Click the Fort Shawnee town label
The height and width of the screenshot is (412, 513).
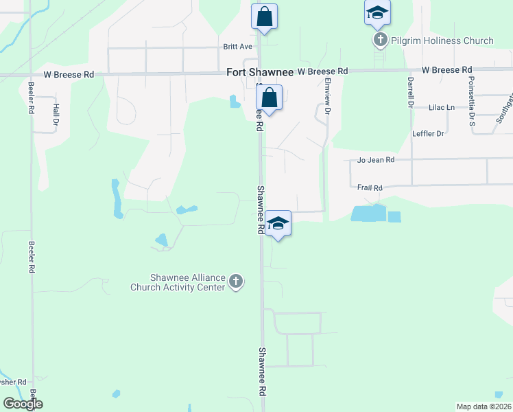(x=260, y=71)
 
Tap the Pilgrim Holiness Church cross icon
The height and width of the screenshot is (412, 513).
(x=381, y=41)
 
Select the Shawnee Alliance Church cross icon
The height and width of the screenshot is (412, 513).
(x=236, y=282)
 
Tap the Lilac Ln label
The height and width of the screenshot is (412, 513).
(x=441, y=108)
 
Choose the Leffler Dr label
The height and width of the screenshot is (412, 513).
(x=429, y=133)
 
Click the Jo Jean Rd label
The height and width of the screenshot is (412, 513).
(x=376, y=160)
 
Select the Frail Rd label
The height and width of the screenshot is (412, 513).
(x=370, y=187)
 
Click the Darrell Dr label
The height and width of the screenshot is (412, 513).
(x=410, y=92)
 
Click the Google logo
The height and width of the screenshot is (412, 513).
(x=23, y=404)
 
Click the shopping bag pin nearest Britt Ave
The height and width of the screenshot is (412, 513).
(x=264, y=16)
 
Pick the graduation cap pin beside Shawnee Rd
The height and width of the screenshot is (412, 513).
(x=278, y=223)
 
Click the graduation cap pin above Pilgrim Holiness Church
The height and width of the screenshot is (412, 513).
(x=377, y=12)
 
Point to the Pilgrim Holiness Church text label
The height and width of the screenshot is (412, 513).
(x=442, y=41)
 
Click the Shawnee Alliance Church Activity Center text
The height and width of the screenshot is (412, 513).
(x=178, y=282)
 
